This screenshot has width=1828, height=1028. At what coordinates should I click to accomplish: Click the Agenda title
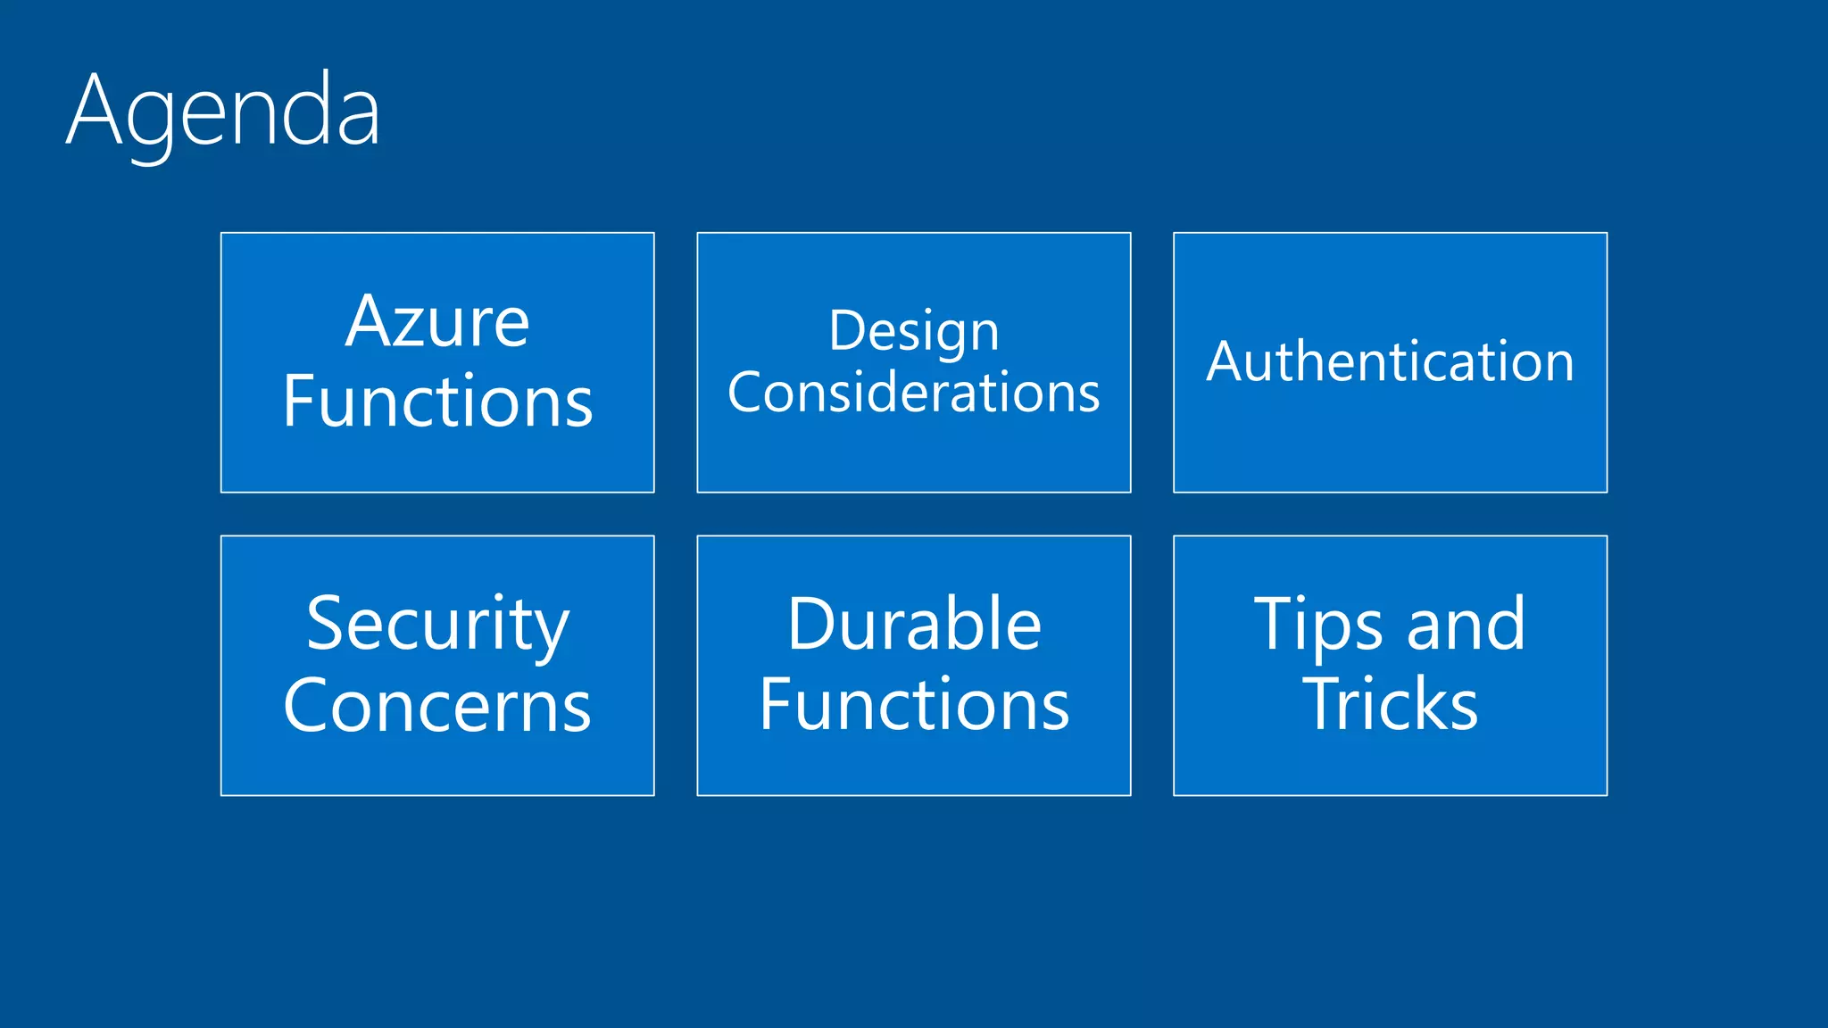pyautogui.click(x=223, y=112)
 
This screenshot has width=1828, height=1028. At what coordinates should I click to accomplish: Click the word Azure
pyautogui.click(x=437, y=322)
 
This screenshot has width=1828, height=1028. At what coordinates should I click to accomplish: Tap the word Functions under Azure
pyautogui.click(x=437, y=402)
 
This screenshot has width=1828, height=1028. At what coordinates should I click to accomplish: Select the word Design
pyautogui.click(x=913, y=332)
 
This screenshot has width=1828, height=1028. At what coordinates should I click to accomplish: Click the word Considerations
pyautogui.click(x=913, y=392)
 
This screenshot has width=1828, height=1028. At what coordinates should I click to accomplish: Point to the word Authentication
pyautogui.click(x=1390, y=361)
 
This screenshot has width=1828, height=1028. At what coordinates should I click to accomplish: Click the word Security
pyautogui.click(x=437, y=625)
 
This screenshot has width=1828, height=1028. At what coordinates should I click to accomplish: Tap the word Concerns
pyautogui.click(x=437, y=705)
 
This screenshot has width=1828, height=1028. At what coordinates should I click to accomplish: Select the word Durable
pyautogui.click(x=913, y=625)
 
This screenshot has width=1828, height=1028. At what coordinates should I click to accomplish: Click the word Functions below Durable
pyautogui.click(x=913, y=705)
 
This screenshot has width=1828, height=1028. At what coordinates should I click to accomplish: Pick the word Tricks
pyautogui.click(x=1390, y=705)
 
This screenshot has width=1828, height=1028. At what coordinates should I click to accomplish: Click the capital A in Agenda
pyautogui.click(x=94, y=112)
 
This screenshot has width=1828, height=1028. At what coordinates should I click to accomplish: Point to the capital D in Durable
pyautogui.click(x=811, y=625)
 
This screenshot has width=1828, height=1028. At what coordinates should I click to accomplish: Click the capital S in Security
pyautogui.click(x=328, y=625)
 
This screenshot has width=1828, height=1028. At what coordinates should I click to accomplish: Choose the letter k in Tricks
pyautogui.click(x=1427, y=705)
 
